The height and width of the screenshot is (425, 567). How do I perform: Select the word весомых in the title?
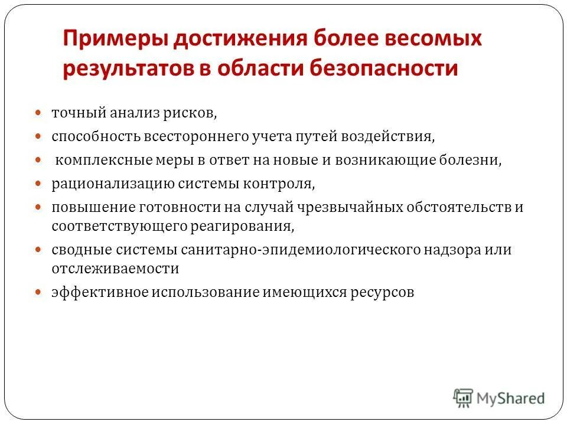click(x=434, y=40)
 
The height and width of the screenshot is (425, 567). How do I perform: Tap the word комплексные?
click(x=99, y=161)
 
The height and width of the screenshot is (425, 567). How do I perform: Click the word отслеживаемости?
click(x=115, y=268)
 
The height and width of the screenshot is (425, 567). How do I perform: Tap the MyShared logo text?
click(x=511, y=398)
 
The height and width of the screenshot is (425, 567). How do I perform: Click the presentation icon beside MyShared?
click(x=464, y=397)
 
